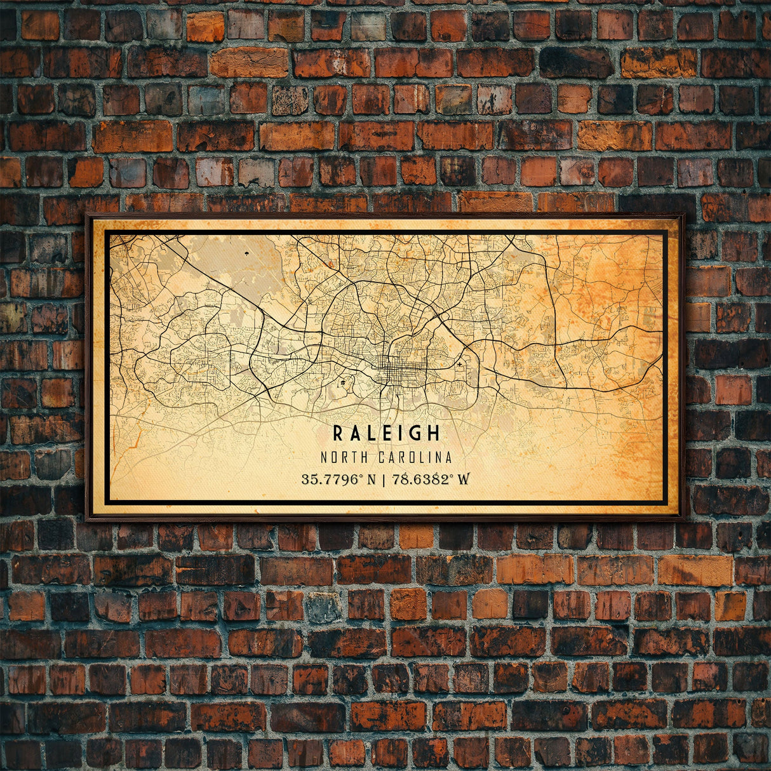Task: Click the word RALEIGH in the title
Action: [x=386, y=433]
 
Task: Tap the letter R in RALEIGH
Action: [x=339, y=433]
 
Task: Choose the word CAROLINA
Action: [x=415, y=457]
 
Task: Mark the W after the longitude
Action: [x=464, y=479]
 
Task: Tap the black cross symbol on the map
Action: [x=459, y=365]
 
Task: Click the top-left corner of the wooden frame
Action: [x=88, y=216]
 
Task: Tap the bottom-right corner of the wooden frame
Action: [x=683, y=518]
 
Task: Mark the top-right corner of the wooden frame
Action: [x=683, y=216]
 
